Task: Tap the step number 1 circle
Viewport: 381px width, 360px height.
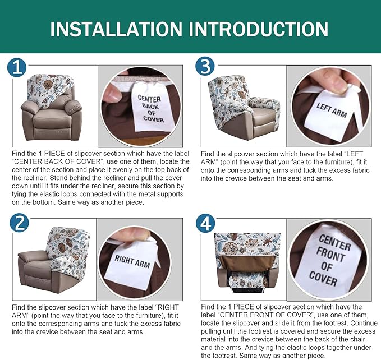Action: pos(17,68)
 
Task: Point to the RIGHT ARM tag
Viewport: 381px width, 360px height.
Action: pos(132,260)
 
